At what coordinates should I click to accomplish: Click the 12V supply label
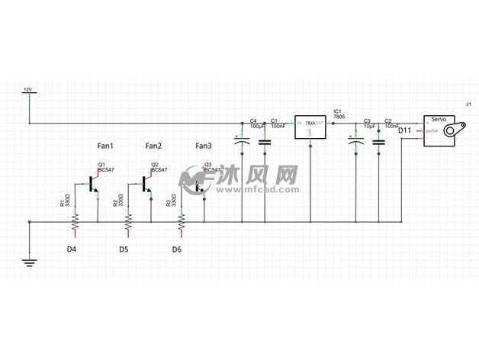tap(28, 90)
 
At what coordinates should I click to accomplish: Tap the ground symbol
tap(29, 263)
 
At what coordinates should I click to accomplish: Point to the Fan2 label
tap(153, 146)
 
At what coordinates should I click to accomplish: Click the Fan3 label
tap(204, 146)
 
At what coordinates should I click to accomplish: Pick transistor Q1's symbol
tap(94, 184)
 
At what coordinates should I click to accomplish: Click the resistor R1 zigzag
tap(76, 222)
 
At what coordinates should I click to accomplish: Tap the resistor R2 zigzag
tap(128, 222)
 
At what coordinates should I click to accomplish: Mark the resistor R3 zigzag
tap(182, 222)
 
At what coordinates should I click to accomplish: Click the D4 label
tap(71, 249)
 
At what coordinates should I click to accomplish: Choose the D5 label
tap(124, 249)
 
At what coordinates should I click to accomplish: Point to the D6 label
tap(176, 249)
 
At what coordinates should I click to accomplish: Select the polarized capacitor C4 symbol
tap(243, 143)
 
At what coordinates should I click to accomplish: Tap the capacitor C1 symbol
tap(265, 143)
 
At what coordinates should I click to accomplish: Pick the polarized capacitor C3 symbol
tap(355, 143)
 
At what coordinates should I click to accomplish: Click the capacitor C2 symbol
tap(378, 143)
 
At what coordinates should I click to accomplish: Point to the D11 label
tap(405, 130)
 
